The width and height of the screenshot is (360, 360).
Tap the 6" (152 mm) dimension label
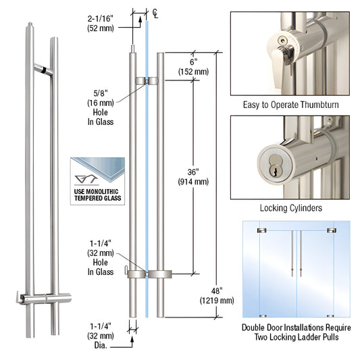(x=193, y=67)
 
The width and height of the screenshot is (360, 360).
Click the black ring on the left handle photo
(x=43, y=70)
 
